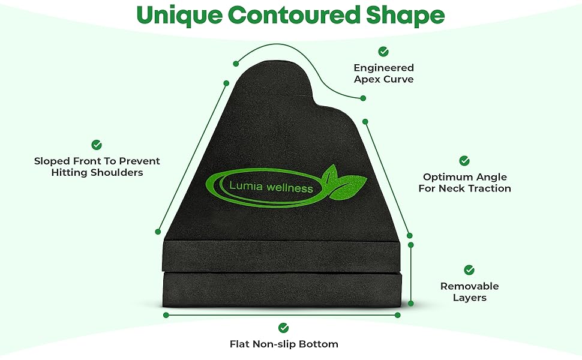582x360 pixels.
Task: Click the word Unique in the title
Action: tap(179, 15)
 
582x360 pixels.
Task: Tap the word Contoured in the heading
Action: tap(294, 14)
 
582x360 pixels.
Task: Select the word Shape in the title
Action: tap(405, 16)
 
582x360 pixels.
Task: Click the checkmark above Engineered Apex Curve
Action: tap(383, 52)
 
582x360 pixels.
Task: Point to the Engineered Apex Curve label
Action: tap(383, 73)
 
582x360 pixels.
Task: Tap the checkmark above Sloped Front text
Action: tap(97, 145)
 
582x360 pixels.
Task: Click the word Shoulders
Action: tap(117, 173)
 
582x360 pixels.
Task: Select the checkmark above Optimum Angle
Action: tap(464, 161)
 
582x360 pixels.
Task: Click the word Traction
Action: tap(488, 188)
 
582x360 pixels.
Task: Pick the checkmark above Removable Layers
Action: tap(469, 270)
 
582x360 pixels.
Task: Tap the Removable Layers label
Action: tap(470, 292)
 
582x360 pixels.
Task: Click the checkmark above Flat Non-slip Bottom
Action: tap(284, 328)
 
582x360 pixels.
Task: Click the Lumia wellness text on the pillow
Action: tap(271, 187)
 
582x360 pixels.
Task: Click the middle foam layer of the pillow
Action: tap(281, 256)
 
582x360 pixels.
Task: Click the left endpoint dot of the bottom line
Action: tap(166, 315)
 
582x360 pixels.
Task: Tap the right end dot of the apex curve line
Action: tap(363, 98)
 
